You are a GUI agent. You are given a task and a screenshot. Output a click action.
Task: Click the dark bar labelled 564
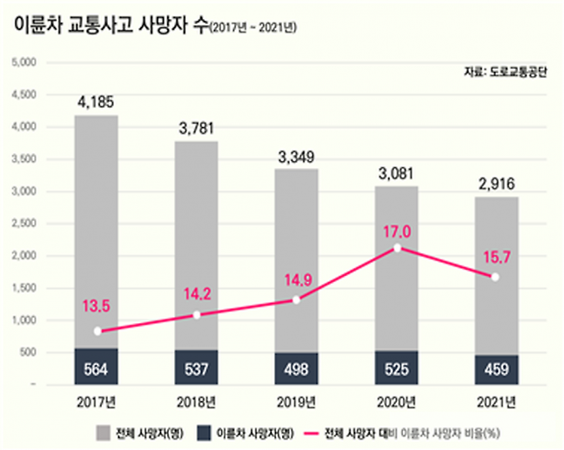point(96,366)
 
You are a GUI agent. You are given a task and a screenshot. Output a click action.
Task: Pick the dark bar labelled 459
point(495,369)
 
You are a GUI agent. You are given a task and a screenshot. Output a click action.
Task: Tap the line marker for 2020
point(395,248)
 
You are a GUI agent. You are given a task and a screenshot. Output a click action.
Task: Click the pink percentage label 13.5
point(97,306)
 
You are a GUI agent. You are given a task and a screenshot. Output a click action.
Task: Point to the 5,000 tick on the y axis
point(22,63)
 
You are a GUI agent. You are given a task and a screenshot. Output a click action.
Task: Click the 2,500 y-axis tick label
point(22,224)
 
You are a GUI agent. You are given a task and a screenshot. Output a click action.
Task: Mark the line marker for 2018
point(196,315)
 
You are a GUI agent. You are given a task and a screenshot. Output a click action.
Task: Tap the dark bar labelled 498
point(296,368)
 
